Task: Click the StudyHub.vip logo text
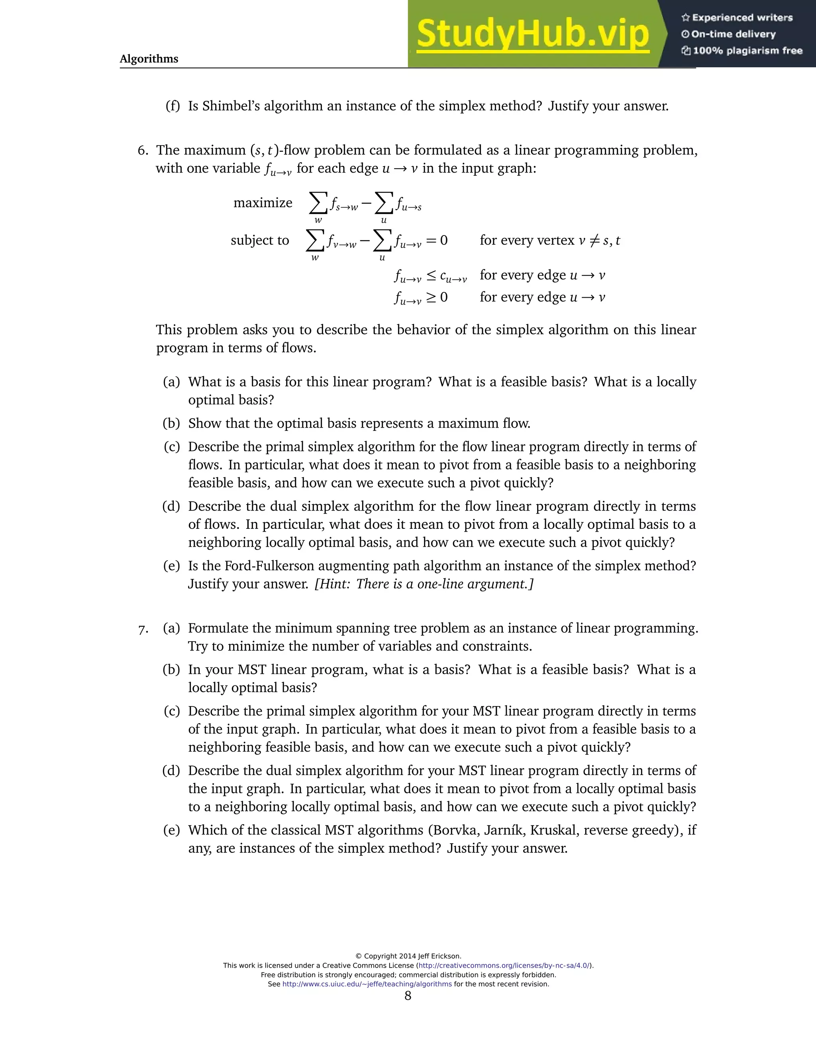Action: coord(532,34)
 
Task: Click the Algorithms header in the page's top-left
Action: coord(149,59)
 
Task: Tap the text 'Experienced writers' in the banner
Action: coord(742,18)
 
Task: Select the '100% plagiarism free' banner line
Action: coord(747,51)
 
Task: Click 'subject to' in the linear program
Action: coord(260,240)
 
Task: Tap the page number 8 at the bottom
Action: coord(408,995)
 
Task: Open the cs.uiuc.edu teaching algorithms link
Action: coord(367,984)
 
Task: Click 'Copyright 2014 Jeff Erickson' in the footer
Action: coord(408,956)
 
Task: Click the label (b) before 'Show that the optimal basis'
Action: coord(172,424)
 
